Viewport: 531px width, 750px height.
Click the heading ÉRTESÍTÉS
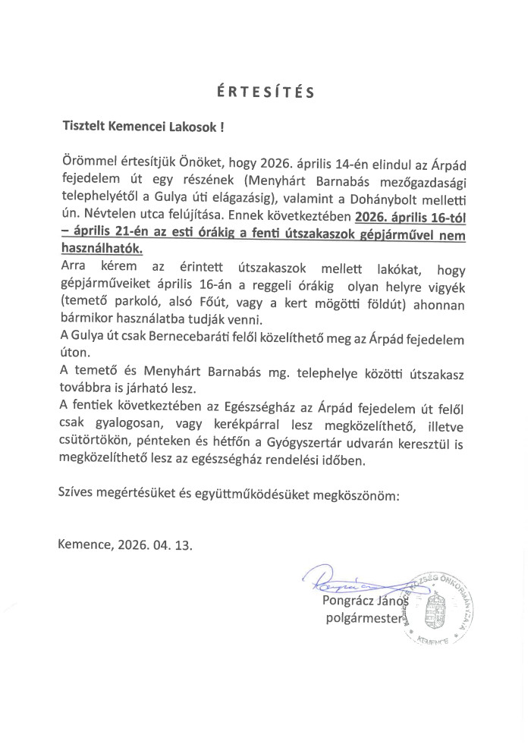coord(265,93)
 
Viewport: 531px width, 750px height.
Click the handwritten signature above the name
coord(334,580)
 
